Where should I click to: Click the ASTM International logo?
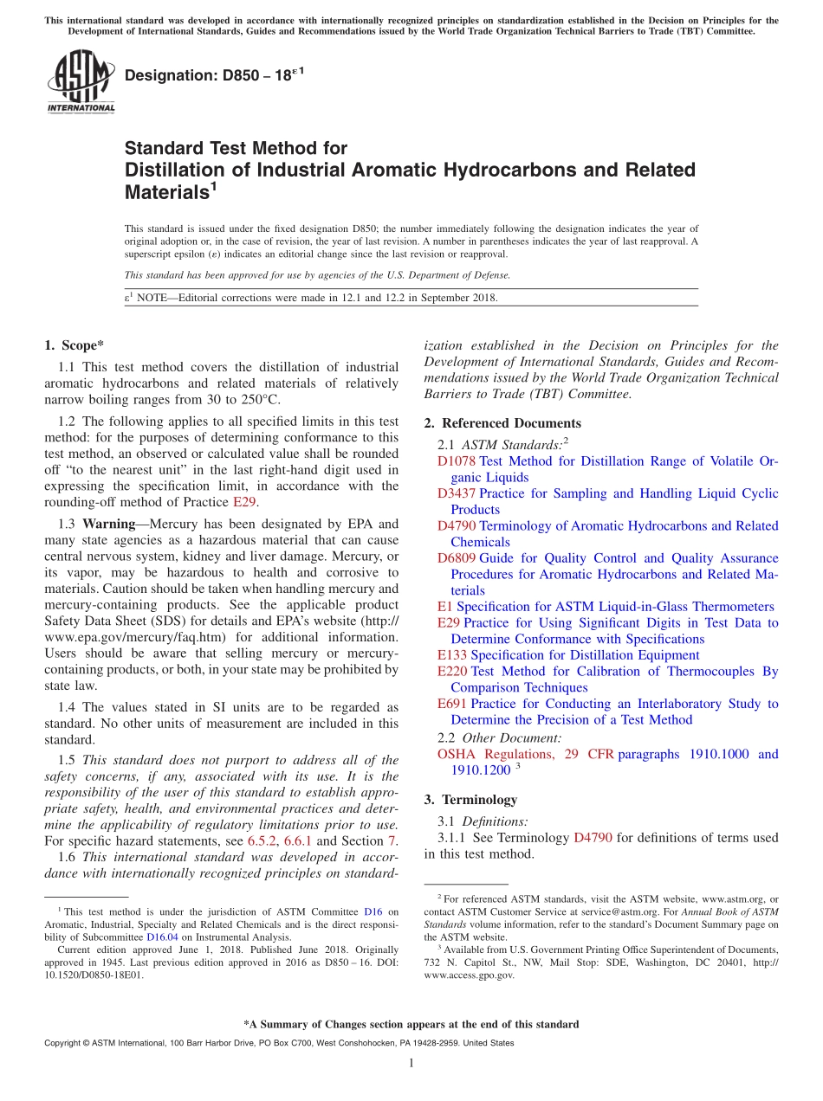pos(80,80)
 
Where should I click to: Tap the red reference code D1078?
pos(457,461)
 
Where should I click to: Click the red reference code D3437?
pos(457,493)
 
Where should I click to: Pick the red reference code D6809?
pos(457,558)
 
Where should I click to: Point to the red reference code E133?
pos(452,655)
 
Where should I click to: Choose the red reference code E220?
pos(452,671)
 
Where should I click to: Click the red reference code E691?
pos(452,704)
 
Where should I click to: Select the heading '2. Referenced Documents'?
pos(502,423)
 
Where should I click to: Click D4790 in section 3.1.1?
pos(593,838)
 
